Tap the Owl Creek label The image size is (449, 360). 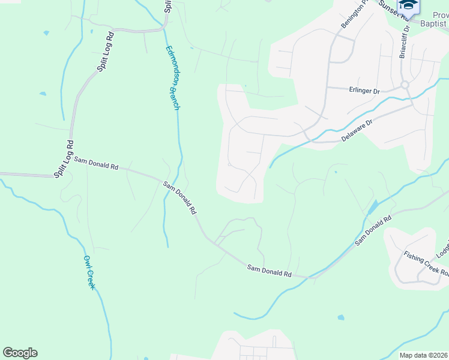click(89, 272)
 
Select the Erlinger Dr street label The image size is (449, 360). click(365, 91)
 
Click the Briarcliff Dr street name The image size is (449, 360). click(404, 41)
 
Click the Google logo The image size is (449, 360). click(20, 353)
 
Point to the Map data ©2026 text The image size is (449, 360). click(423, 355)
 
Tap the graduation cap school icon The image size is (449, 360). click(408, 5)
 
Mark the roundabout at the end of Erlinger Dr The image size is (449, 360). click(405, 85)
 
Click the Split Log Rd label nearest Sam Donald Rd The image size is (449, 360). click(64, 159)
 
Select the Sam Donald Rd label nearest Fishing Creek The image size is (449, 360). click(373, 230)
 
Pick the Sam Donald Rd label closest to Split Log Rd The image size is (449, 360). click(96, 163)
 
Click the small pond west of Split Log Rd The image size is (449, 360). click(43, 94)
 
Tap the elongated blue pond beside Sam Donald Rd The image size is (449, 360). click(373, 207)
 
